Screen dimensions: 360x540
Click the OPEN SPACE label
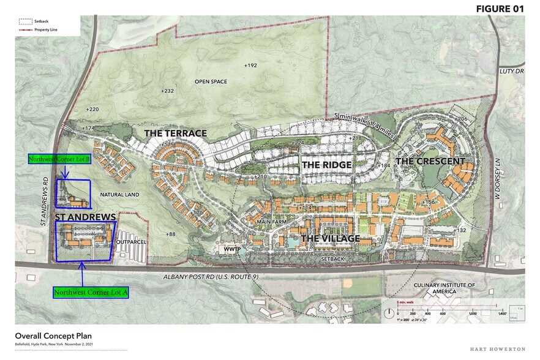tap(211, 81)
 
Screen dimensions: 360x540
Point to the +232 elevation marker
tap(167, 91)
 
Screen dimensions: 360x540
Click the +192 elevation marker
tap(250, 65)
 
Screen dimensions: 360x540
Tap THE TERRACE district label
tap(175, 133)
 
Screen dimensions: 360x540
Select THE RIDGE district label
tap(326, 165)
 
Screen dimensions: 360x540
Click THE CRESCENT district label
tap(430, 161)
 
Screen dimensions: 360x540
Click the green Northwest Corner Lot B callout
tap(59, 159)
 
